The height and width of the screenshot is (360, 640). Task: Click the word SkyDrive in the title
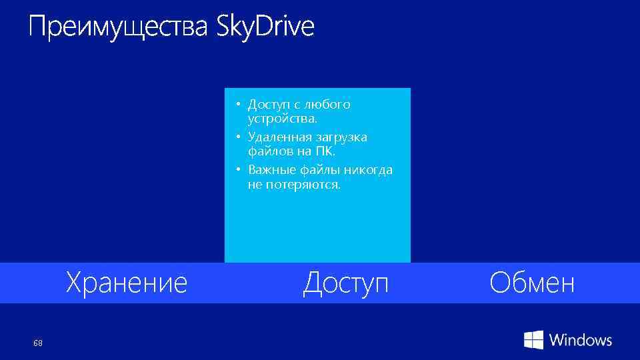[x=265, y=28]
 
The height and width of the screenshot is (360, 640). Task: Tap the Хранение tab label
[x=126, y=283]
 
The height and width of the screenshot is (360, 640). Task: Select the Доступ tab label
[x=345, y=283]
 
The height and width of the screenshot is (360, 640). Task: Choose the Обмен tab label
[x=531, y=283]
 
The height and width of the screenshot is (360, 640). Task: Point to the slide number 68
[x=38, y=343]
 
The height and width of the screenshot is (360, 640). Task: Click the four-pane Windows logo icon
[x=533, y=340]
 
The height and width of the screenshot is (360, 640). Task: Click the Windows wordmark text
[x=580, y=340]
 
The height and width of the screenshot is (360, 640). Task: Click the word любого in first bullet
[x=327, y=105]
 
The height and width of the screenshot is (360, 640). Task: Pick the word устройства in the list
[x=282, y=119]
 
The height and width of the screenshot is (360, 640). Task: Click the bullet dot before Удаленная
[x=237, y=137]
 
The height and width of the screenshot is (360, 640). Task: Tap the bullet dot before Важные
[x=237, y=169]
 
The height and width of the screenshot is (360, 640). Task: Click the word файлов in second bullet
[x=267, y=151]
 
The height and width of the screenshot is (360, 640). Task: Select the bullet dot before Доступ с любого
[x=237, y=105]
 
